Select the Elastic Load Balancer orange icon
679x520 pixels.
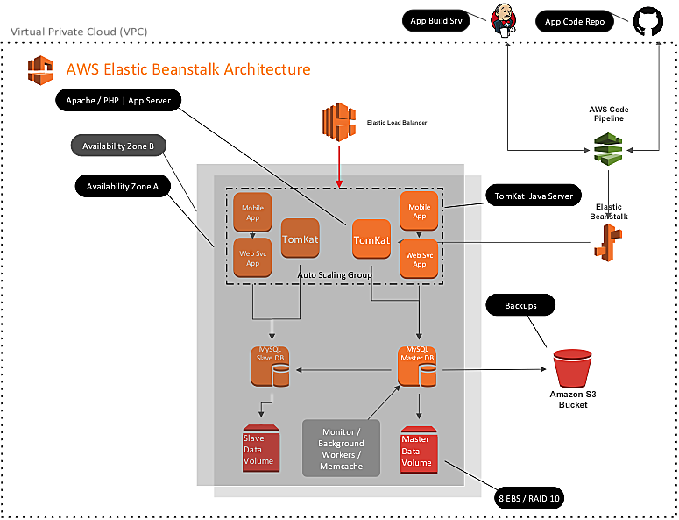(337, 122)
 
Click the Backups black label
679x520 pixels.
(520, 306)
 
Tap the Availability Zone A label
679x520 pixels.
(123, 186)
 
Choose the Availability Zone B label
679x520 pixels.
(117, 146)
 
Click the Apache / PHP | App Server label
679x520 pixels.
(117, 100)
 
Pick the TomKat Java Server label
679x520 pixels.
(533, 196)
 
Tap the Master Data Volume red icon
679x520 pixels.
(417, 449)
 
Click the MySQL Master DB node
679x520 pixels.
(418, 367)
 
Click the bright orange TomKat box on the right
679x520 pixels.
(371, 239)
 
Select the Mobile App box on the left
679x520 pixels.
(253, 212)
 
